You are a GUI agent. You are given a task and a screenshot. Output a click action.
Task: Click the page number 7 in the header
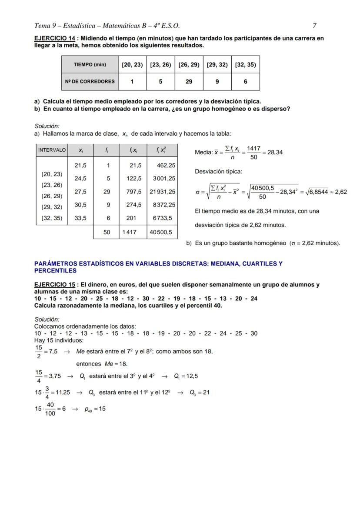tap(314, 26)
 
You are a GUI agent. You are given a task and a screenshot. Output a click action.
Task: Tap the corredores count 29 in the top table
tap(189, 81)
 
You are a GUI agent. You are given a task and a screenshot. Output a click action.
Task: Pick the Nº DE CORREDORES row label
tap(90, 81)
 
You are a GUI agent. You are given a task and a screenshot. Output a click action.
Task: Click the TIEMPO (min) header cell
tap(90, 64)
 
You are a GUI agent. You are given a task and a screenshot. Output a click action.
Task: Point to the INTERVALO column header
tap(52, 150)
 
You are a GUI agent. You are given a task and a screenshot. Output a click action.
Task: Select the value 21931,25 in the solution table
tap(163, 191)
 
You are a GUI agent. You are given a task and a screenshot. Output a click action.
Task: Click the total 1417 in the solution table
tap(129, 233)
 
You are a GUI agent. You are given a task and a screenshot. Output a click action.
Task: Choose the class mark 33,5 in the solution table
tap(80, 218)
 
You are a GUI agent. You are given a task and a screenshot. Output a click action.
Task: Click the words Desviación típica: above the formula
tap(219, 171)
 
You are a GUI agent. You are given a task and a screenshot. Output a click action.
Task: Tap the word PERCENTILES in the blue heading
tap(55, 270)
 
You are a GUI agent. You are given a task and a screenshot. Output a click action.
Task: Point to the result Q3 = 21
tap(200, 392)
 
